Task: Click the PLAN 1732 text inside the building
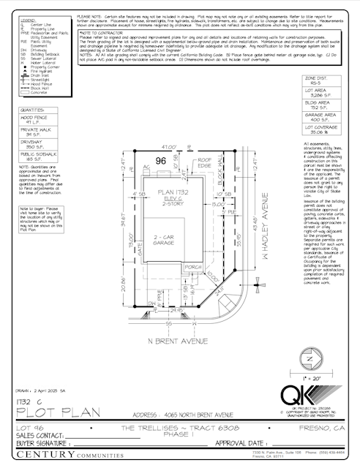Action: click(168, 192)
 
